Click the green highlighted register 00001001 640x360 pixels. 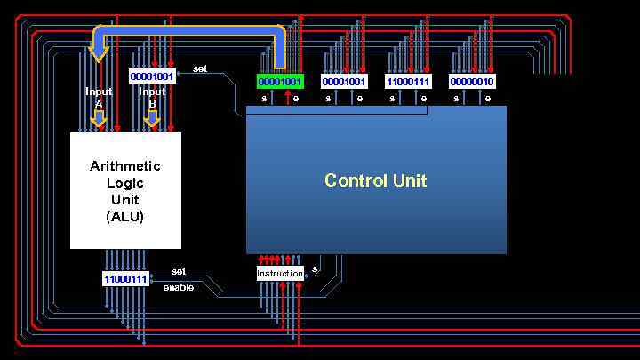point(280,82)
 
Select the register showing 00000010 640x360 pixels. point(472,82)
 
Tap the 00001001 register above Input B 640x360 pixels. point(152,76)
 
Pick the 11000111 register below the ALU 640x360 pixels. point(125,279)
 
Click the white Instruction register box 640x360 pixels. point(280,273)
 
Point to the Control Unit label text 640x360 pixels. point(375,180)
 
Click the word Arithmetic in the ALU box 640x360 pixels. point(125,166)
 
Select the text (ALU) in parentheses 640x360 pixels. point(125,216)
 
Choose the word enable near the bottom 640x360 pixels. point(178,287)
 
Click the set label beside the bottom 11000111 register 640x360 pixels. point(178,271)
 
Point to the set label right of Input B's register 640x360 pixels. point(200,69)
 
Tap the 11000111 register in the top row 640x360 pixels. point(408,82)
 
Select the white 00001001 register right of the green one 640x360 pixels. point(344,82)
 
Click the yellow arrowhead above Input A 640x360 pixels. point(99,53)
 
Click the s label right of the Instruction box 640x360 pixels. point(315,268)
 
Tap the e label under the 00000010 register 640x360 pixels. point(488,99)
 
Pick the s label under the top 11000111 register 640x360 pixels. point(392,99)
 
